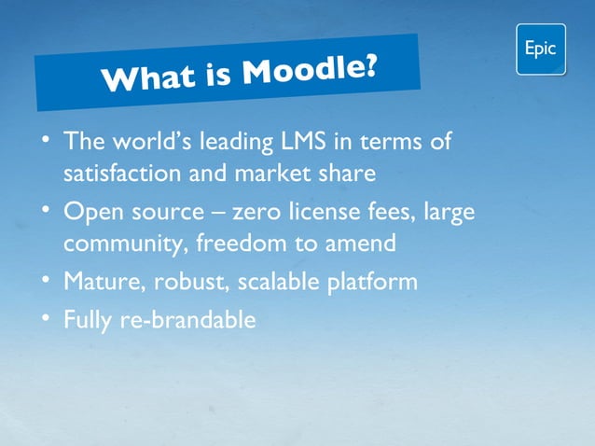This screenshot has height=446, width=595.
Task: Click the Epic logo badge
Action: pos(541,49)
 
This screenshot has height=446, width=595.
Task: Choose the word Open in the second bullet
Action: pos(92,213)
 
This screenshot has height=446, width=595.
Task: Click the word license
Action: pos(340,213)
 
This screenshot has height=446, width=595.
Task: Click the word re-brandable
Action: pos(187,320)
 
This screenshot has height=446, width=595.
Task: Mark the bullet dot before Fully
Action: pos(47,319)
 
